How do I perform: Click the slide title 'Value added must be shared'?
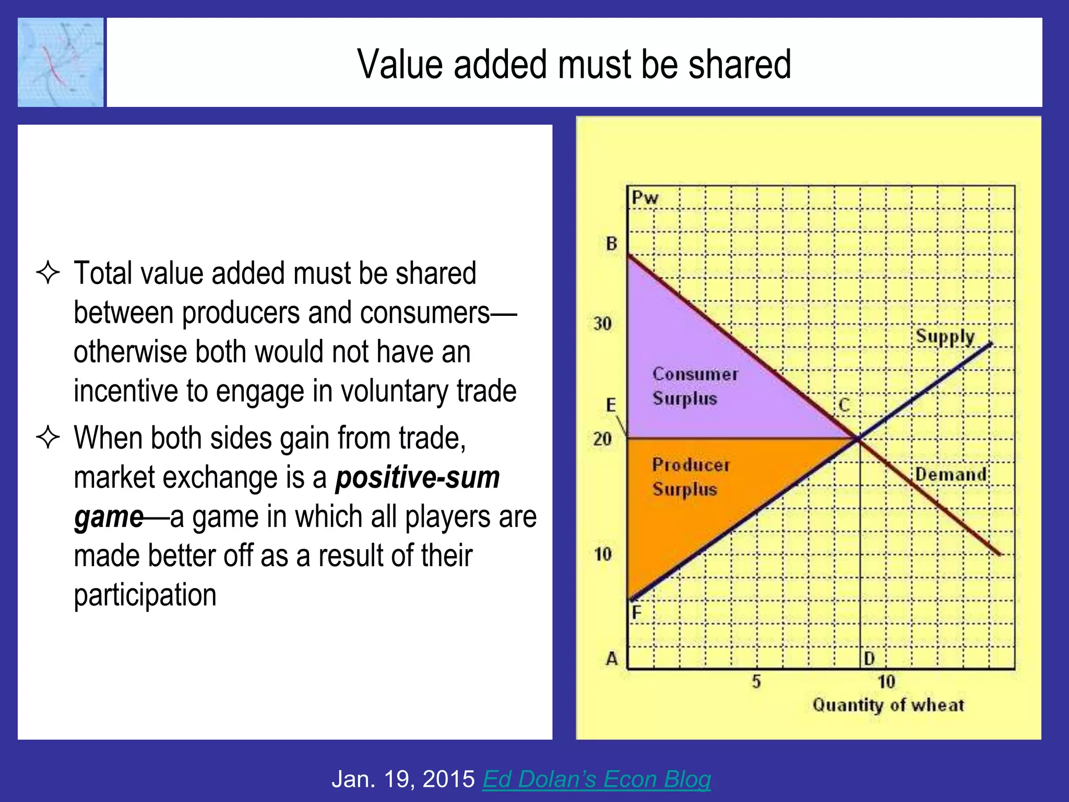click(574, 64)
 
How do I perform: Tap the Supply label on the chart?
click(945, 337)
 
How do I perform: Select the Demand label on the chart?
click(951, 474)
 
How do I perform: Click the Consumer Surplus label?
click(695, 386)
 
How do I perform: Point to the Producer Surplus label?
click(690, 477)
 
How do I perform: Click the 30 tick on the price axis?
click(602, 324)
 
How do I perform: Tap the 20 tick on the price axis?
click(602, 439)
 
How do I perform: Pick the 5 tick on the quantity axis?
click(756, 681)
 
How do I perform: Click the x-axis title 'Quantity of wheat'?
click(888, 705)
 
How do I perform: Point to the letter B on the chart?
click(612, 243)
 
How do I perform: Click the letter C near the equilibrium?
click(844, 405)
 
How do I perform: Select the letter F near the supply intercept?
click(636, 612)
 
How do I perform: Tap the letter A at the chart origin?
click(612, 659)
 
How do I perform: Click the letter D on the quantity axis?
click(869, 659)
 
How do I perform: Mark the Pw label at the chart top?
click(645, 198)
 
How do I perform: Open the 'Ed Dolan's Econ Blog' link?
click(596, 779)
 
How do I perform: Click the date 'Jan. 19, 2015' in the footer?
click(403, 779)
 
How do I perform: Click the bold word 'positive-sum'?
click(417, 477)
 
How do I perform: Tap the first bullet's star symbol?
click(48, 273)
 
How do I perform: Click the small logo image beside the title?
click(61, 63)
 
